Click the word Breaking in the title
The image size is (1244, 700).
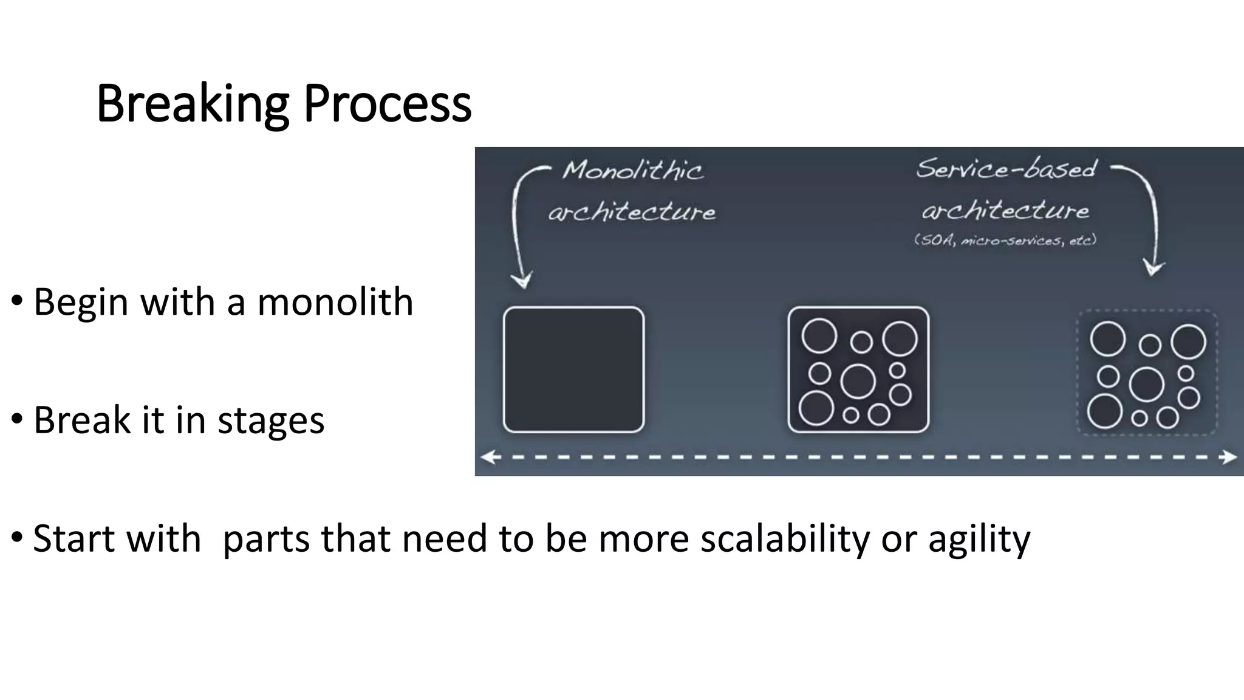click(x=192, y=105)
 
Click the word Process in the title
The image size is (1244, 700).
click(x=387, y=105)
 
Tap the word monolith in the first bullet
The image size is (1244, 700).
click(x=335, y=302)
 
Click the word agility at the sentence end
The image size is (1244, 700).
click(x=979, y=539)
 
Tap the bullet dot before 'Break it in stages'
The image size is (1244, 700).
click(x=17, y=419)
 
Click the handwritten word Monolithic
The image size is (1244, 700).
click(x=632, y=170)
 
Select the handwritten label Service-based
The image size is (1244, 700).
click(x=1006, y=168)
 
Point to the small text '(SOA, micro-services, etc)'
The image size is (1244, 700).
click(x=1005, y=240)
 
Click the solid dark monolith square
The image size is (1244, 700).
click(x=573, y=369)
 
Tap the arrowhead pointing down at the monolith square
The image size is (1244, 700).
click(x=521, y=281)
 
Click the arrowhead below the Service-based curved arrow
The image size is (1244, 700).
click(x=1153, y=268)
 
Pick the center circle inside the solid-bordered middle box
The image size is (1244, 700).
click(x=858, y=382)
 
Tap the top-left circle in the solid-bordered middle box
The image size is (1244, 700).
click(x=819, y=335)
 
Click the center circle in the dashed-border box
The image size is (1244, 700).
click(x=1146, y=385)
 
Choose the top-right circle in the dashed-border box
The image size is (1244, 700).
click(x=1188, y=341)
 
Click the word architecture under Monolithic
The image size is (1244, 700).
click(x=632, y=212)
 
